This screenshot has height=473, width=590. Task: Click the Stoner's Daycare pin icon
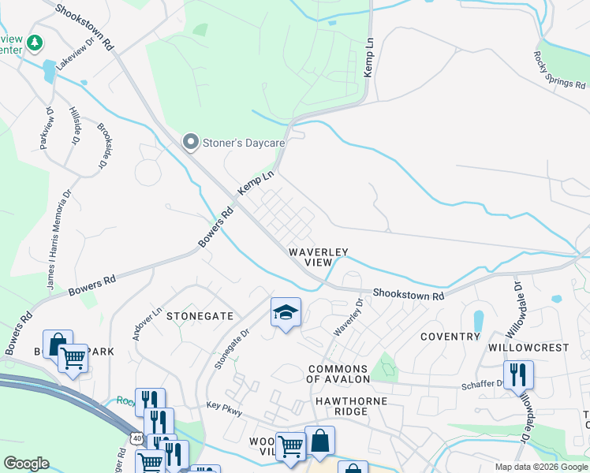click(x=190, y=142)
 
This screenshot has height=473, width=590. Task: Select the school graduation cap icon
click(x=286, y=312)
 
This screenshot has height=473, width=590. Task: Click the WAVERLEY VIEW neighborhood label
click(x=319, y=256)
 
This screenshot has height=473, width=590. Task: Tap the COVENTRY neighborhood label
click(x=450, y=337)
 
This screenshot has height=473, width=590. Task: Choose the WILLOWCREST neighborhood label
click(x=528, y=347)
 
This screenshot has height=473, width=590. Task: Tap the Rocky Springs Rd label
click(x=558, y=70)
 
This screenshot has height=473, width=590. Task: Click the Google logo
click(x=26, y=464)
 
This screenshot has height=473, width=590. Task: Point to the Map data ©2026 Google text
click(x=541, y=467)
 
